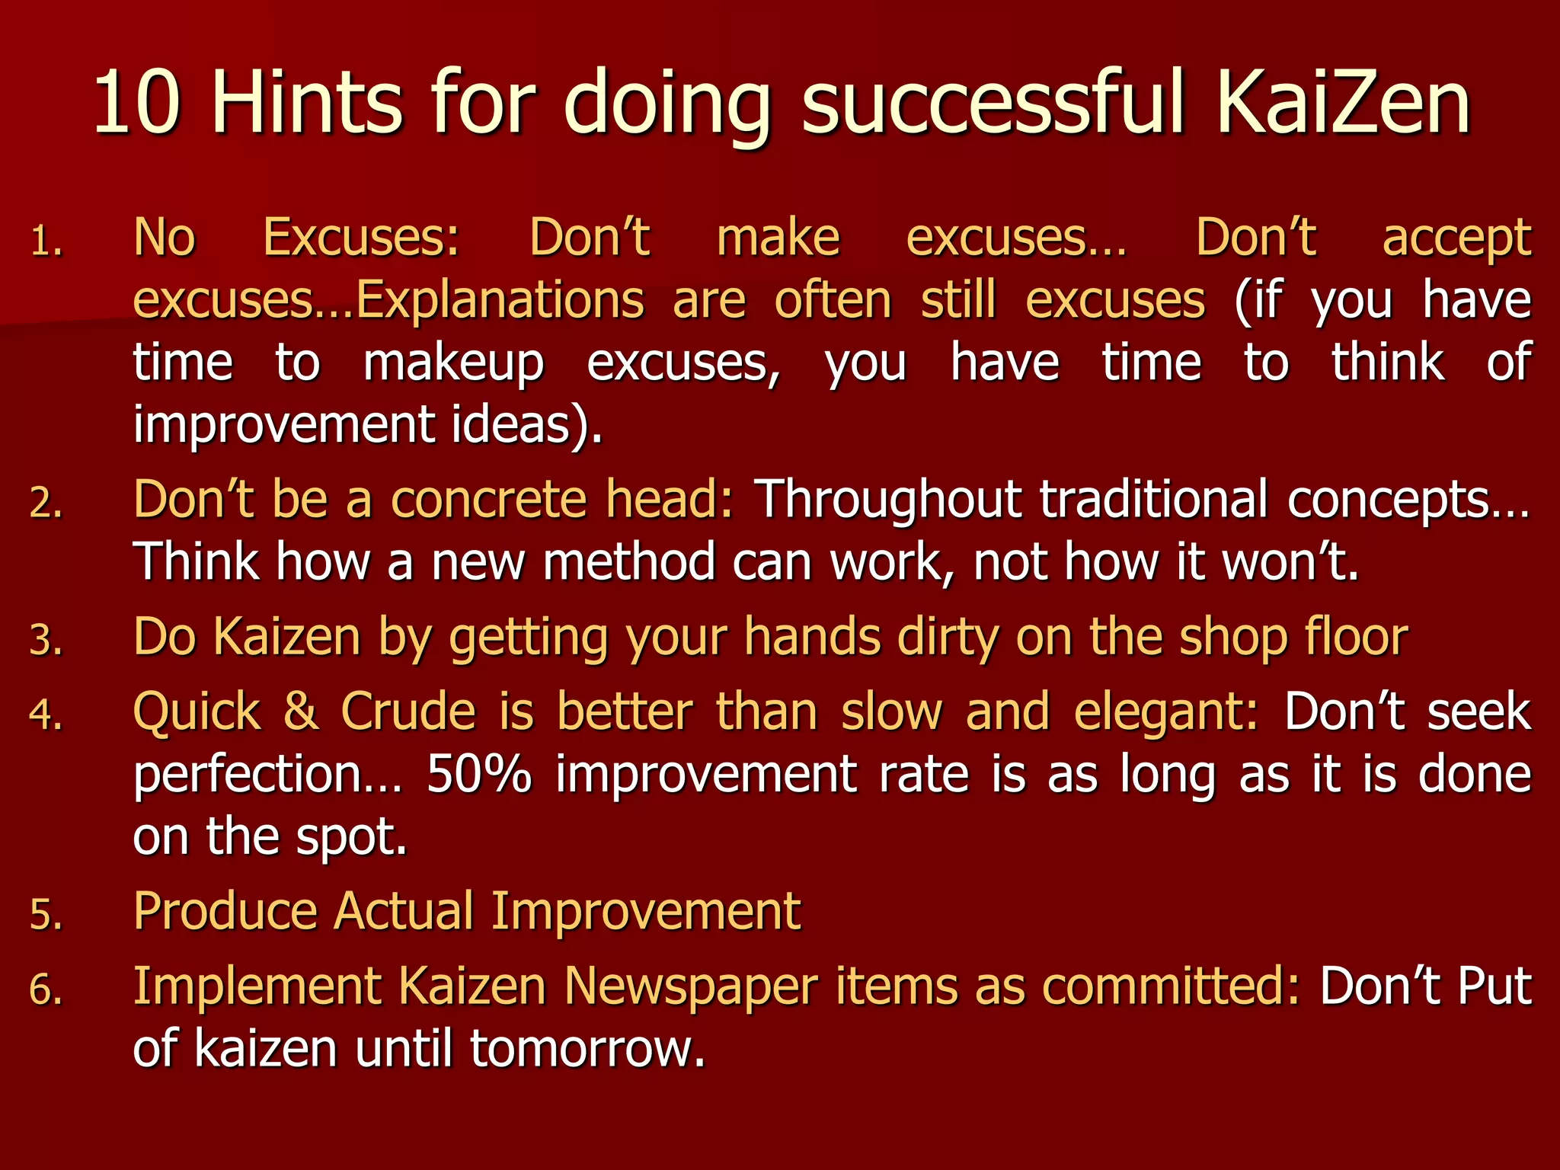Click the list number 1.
coord(46,243)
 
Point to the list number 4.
coord(46,715)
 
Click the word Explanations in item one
coord(500,300)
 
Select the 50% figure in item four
coord(478,775)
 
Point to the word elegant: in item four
coord(1165,713)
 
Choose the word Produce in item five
coord(225,911)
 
